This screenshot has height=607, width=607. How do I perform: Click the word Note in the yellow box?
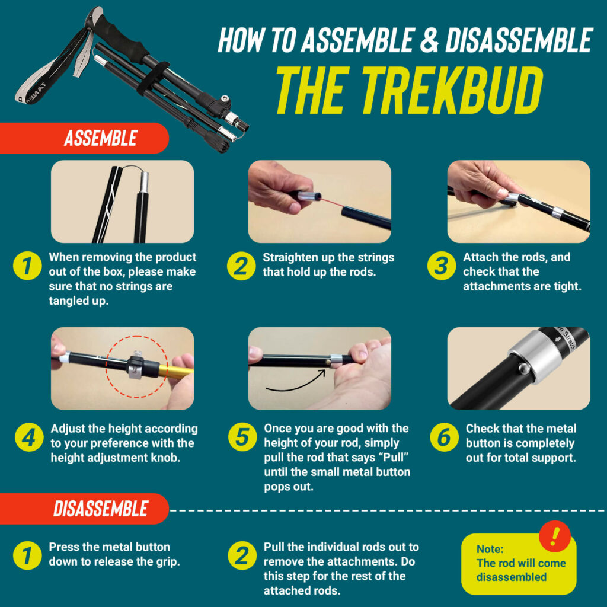tap(490, 549)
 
